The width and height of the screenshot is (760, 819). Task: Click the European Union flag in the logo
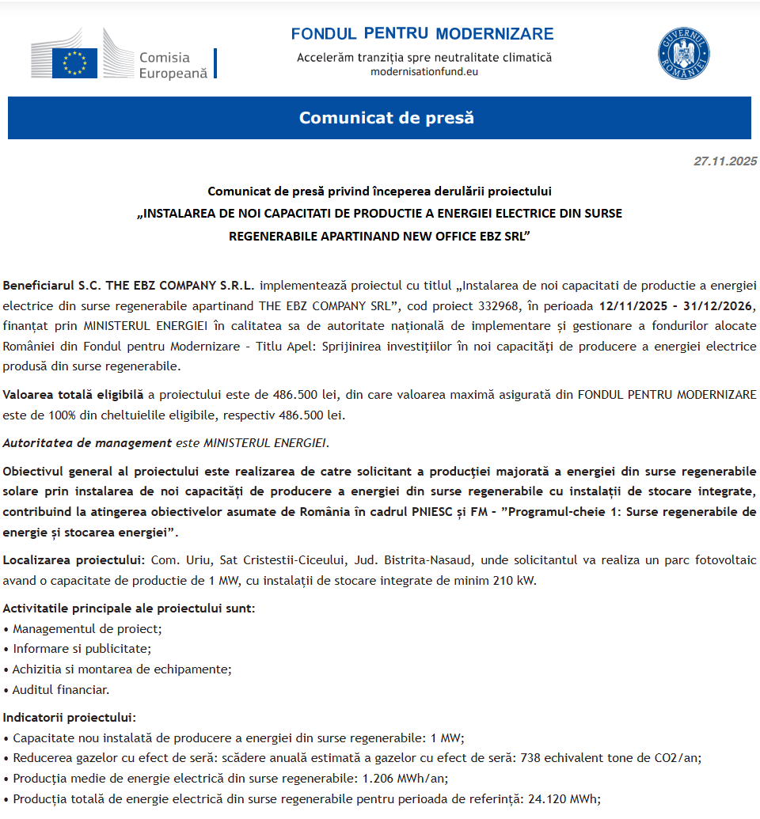tap(74, 63)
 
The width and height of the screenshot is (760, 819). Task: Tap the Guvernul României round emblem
tap(684, 54)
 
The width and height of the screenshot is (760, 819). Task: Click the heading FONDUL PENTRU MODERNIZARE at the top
tap(422, 34)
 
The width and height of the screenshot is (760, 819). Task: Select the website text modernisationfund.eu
tap(424, 71)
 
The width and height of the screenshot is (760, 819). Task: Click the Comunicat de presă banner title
tap(386, 118)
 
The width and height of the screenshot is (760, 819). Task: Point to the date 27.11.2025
tap(725, 161)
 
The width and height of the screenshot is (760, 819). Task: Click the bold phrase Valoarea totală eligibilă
tap(74, 394)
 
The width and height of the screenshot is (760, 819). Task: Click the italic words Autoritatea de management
tap(87, 443)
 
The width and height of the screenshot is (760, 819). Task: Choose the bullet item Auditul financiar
tap(61, 689)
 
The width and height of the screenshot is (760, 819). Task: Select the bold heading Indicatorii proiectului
tap(69, 717)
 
